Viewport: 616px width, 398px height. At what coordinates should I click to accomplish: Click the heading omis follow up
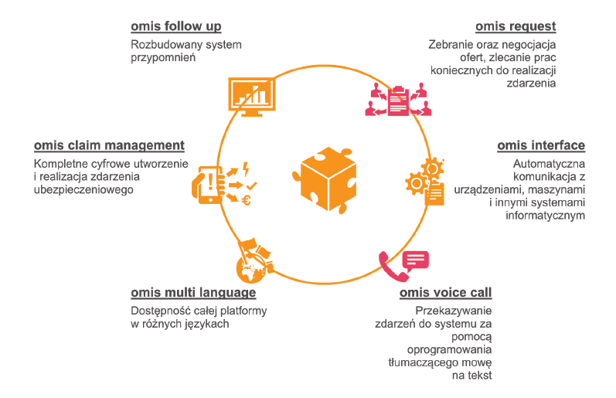tap(176, 26)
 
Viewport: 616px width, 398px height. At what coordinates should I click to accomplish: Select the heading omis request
tap(516, 26)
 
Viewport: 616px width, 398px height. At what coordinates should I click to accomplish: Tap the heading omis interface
tap(541, 145)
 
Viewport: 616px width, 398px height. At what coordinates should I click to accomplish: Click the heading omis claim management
tap(109, 145)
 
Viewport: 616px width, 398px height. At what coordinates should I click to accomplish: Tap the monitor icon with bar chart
tap(250, 96)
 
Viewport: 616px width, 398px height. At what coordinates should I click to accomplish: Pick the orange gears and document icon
tap(426, 182)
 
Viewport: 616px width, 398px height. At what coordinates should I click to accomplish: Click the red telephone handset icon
tap(389, 267)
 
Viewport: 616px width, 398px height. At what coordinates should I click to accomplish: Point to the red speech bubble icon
tap(415, 260)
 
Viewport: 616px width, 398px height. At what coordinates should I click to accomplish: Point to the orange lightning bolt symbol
tap(246, 167)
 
